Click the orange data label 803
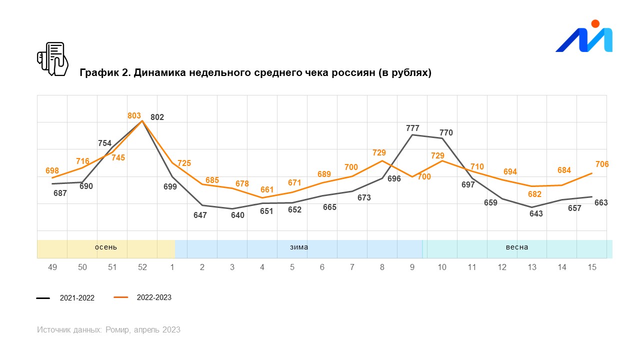134,116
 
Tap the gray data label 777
412,128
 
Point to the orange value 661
267,190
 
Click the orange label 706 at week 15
602,164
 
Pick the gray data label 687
60,192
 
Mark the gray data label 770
446,133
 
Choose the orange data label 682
534,194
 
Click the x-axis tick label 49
52,267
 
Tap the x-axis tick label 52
142,267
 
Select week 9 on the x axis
412,267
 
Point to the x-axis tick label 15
592,267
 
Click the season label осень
106,247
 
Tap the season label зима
299,247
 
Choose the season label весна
516,247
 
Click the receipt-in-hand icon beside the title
52,59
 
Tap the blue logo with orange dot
584,38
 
